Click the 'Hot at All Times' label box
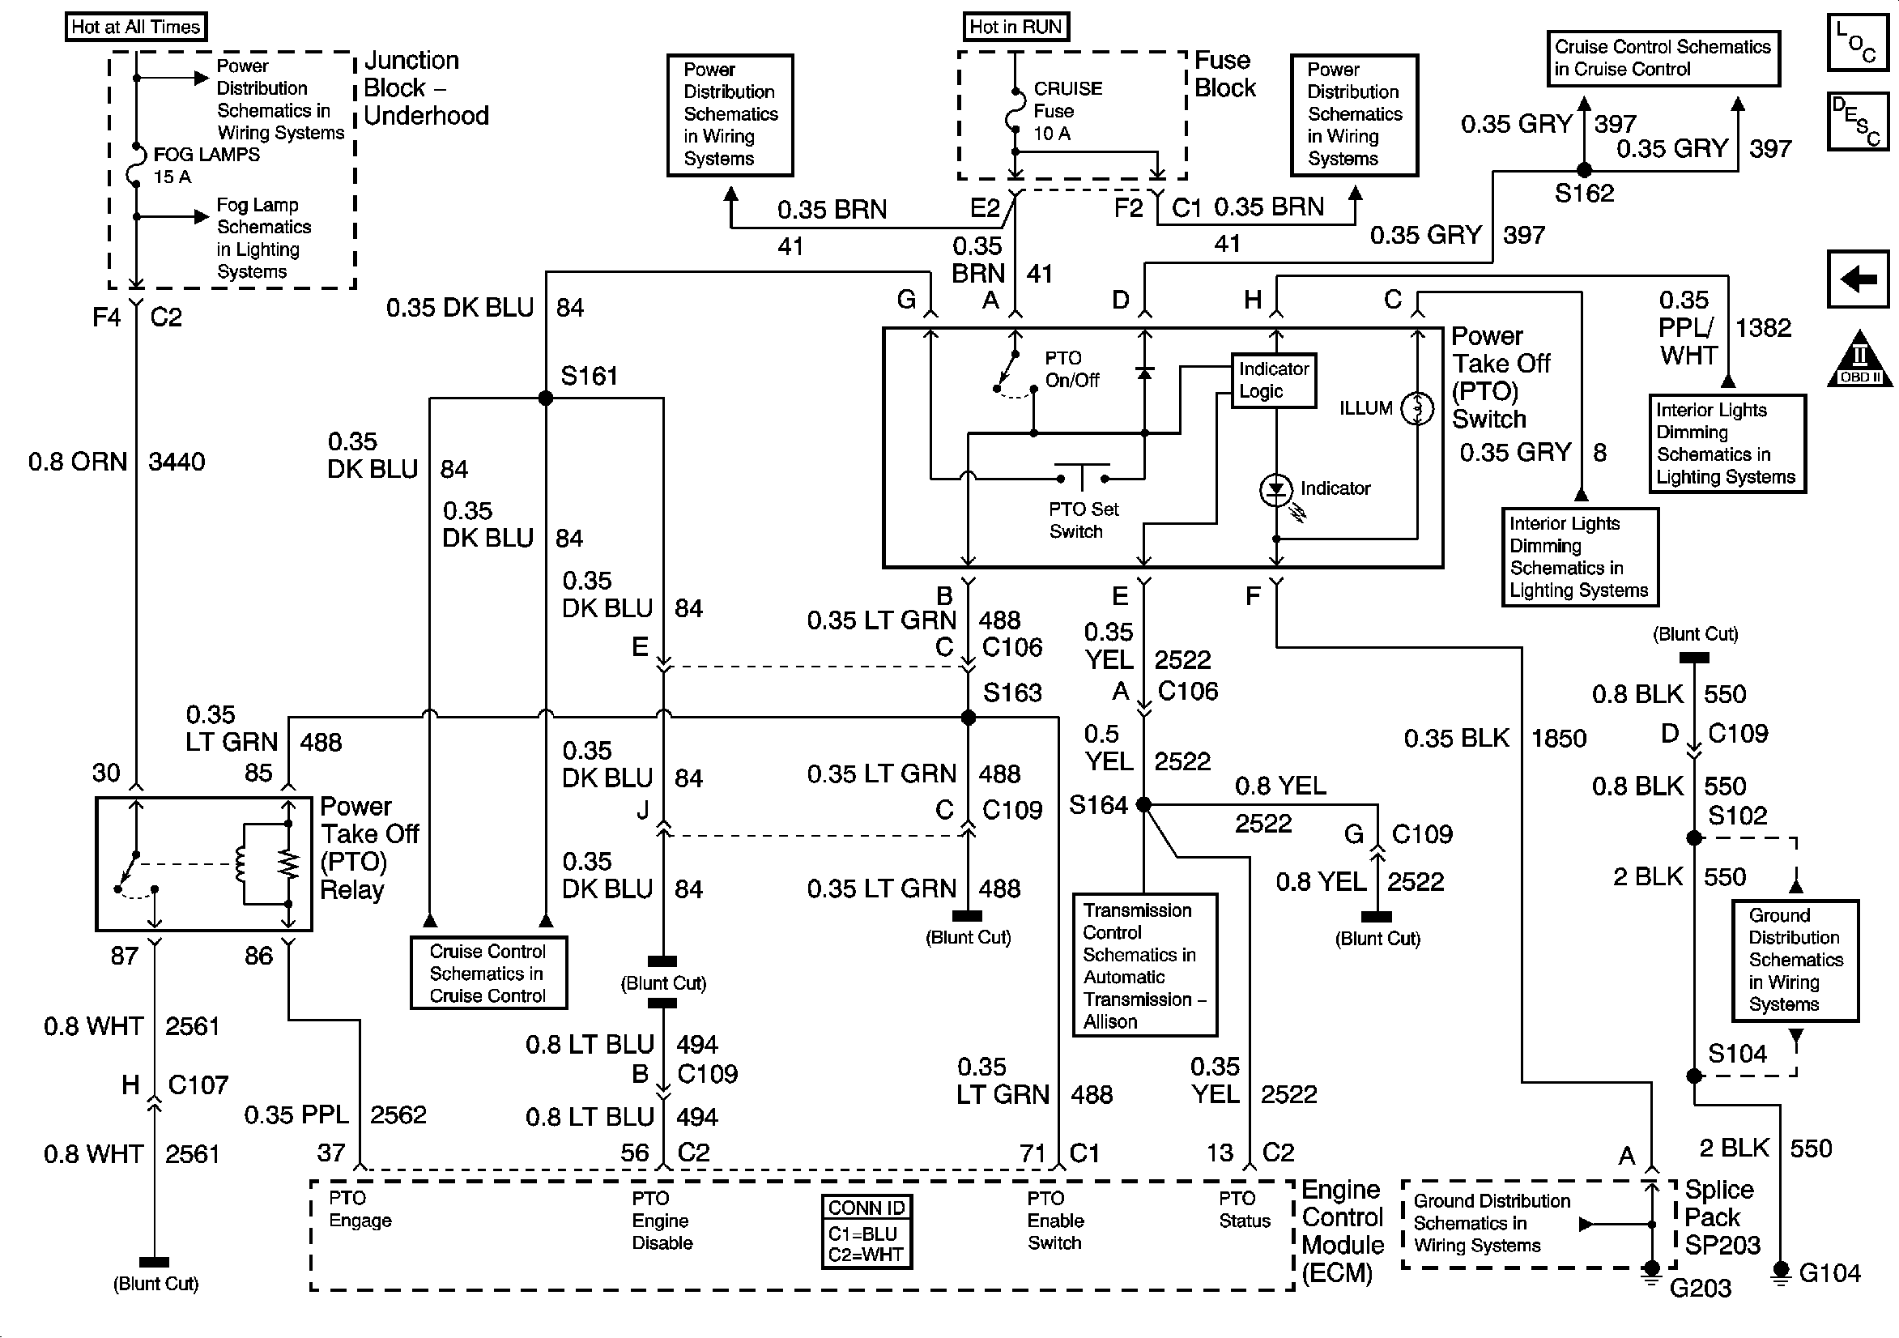click(x=136, y=27)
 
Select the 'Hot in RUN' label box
click(x=1015, y=27)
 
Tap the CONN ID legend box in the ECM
click(x=866, y=1232)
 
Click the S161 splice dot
click(x=546, y=398)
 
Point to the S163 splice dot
click(x=969, y=718)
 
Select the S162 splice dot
click(x=1584, y=170)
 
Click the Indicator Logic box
click(x=1274, y=380)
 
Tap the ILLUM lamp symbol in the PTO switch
click(x=1417, y=408)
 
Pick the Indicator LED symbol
click(x=1275, y=490)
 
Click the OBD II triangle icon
click(x=1859, y=360)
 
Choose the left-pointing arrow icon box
click(x=1858, y=279)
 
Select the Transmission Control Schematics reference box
click(x=1145, y=965)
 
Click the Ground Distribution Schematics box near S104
click(x=1795, y=960)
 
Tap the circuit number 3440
click(x=177, y=462)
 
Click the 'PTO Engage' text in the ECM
click(x=360, y=1209)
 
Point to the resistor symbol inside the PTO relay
click(x=287, y=865)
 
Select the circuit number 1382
click(x=1764, y=328)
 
